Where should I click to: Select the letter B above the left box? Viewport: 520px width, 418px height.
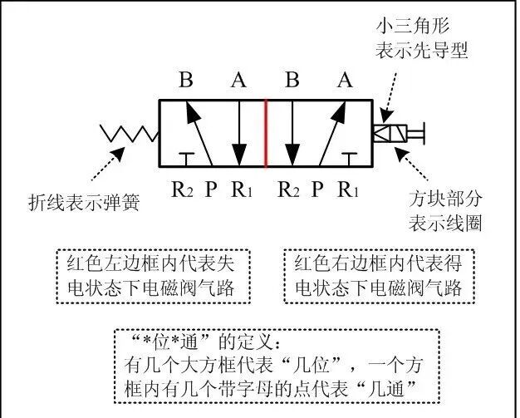186,81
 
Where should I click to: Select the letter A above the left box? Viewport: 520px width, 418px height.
238,81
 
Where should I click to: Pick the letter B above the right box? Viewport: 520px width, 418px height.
292,81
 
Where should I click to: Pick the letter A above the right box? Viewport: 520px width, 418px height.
344,81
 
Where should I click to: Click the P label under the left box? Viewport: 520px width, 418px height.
211,189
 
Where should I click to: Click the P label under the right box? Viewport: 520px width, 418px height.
316,189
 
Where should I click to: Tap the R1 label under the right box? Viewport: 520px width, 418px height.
348,189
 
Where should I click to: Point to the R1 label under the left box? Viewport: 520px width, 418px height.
242,189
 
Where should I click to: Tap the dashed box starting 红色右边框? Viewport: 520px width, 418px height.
378,276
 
